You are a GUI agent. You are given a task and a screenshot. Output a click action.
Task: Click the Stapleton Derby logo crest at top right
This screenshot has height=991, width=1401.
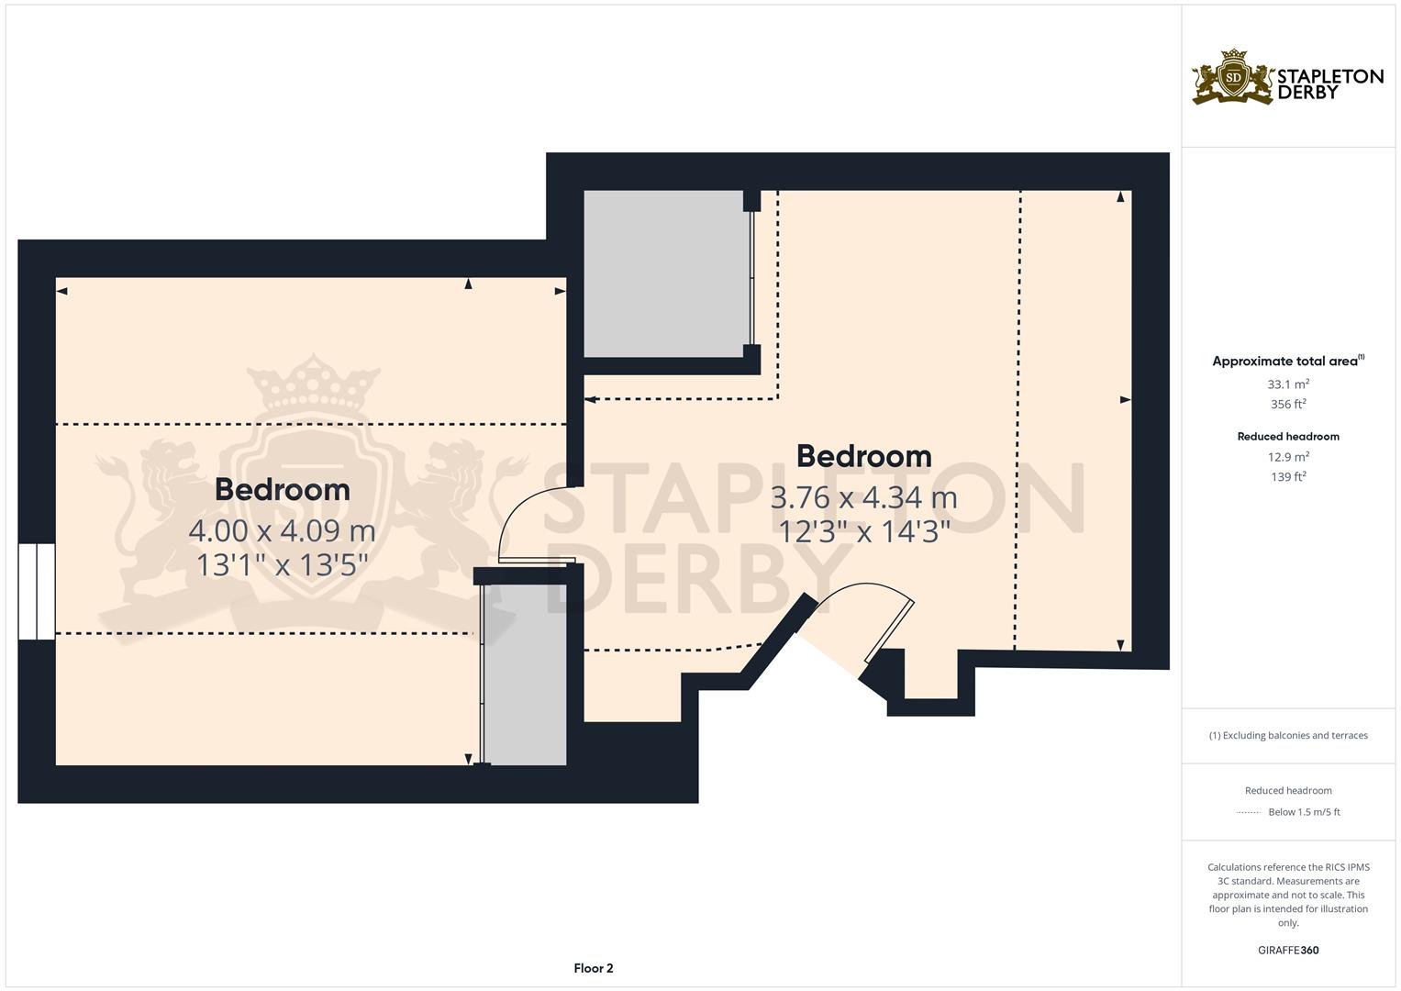(1233, 78)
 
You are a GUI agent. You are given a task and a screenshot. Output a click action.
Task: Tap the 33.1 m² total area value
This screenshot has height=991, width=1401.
(1288, 384)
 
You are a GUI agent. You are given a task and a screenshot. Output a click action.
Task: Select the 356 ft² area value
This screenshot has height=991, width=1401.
(1288, 405)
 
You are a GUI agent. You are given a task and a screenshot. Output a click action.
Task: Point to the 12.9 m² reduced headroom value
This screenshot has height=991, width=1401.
(1288, 457)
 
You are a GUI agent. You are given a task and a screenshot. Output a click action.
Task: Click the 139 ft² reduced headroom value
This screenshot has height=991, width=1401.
(1288, 477)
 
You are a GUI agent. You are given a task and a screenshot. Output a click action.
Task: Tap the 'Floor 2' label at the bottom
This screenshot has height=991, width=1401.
(593, 968)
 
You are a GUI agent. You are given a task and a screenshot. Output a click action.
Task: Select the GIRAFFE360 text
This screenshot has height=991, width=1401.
(1288, 951)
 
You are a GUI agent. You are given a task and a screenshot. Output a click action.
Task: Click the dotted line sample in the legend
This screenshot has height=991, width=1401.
(1249, 812)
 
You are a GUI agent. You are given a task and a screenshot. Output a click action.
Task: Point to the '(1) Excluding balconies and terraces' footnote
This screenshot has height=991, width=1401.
(1288, 735)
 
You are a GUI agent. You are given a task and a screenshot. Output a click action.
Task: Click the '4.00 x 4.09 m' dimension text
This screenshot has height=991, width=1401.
(282, 530)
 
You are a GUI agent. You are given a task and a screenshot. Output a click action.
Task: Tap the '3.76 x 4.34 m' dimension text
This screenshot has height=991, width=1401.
(863, 497)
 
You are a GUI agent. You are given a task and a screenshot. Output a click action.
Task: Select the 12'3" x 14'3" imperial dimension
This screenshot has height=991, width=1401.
(863, 531)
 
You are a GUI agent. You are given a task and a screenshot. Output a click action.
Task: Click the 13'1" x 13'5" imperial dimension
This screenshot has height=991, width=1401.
(282, 564)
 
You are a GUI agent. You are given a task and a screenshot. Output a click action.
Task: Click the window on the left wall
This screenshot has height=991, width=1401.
(37, 591)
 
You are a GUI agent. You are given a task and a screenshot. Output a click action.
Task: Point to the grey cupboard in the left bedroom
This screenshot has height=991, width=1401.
(525, 674)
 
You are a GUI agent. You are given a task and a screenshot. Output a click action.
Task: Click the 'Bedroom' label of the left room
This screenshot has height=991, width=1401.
(282, 490)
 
